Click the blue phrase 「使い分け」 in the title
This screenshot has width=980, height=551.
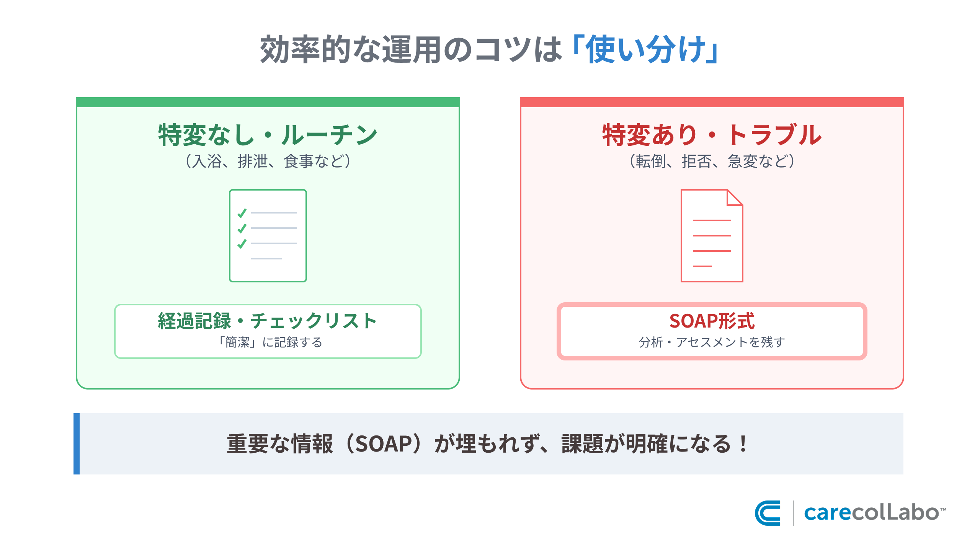pyautogui.click(x=645, y=50)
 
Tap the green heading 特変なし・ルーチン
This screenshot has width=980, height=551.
pyautogui.click(x=268, y=135)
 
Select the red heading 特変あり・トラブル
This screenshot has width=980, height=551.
pyautogui.click(x=712, y=135)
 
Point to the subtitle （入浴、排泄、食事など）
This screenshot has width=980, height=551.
pyautogui.click(x=268, y=161)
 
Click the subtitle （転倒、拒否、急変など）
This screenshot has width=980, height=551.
pyautogui.click(x=712, y=161)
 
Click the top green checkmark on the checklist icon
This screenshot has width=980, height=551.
pyautogui.click(x=242, y=213)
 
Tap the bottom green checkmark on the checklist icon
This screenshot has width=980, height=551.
pyautogui.click(x=242, y=243)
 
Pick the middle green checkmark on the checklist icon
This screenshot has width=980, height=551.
pyautogui.click(x=242, y=228)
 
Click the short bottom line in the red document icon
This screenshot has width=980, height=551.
pyautogui.click(x=702, y=266)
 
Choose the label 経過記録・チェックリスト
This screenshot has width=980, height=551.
pyautogui.click(x=268, y=321)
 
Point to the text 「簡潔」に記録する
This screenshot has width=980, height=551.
pyautogui.click(x=269, y=342)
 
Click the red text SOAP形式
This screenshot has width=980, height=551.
pyautogui.click(x=712, y=321)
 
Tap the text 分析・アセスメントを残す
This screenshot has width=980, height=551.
pyautogui.click(x=712, y=342)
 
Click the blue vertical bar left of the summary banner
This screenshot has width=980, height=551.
pyautogui.click(x=77, y=444)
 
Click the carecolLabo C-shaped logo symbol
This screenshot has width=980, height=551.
pyautogui.click(x=768, y=513)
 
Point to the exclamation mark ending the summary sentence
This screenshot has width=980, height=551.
pyautogui.click(x=743, y=444)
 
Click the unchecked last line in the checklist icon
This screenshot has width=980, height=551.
pyautogui.click(x=266, y=259)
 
